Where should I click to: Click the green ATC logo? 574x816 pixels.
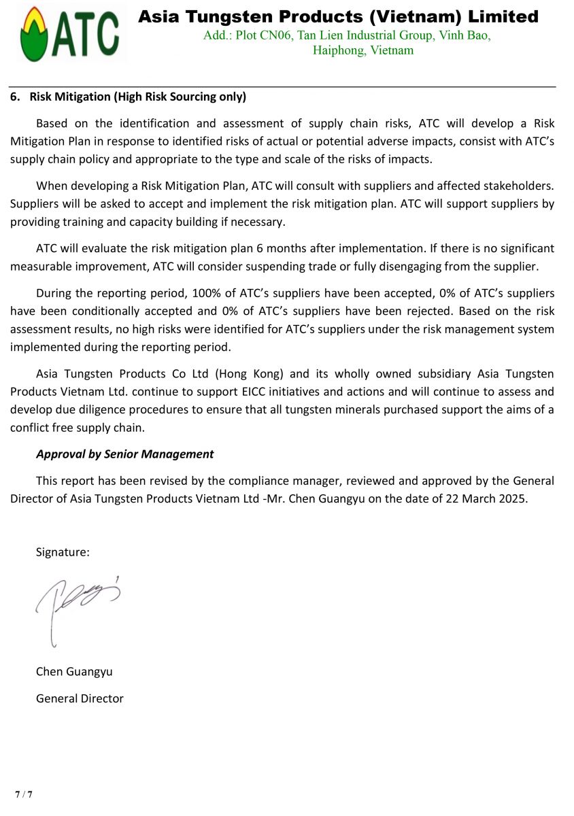pyautogui.click(x=69, y=35)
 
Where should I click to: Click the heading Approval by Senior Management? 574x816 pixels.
pyautogui.click(x=124, y=454)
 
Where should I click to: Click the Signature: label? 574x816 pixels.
pyautogui.click(x=63, y=552)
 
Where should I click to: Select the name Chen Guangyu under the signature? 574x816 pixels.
pyautogui.click(x=74, y=672)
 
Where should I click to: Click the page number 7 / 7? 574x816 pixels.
pyautogui.click(x=24, y=794)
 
